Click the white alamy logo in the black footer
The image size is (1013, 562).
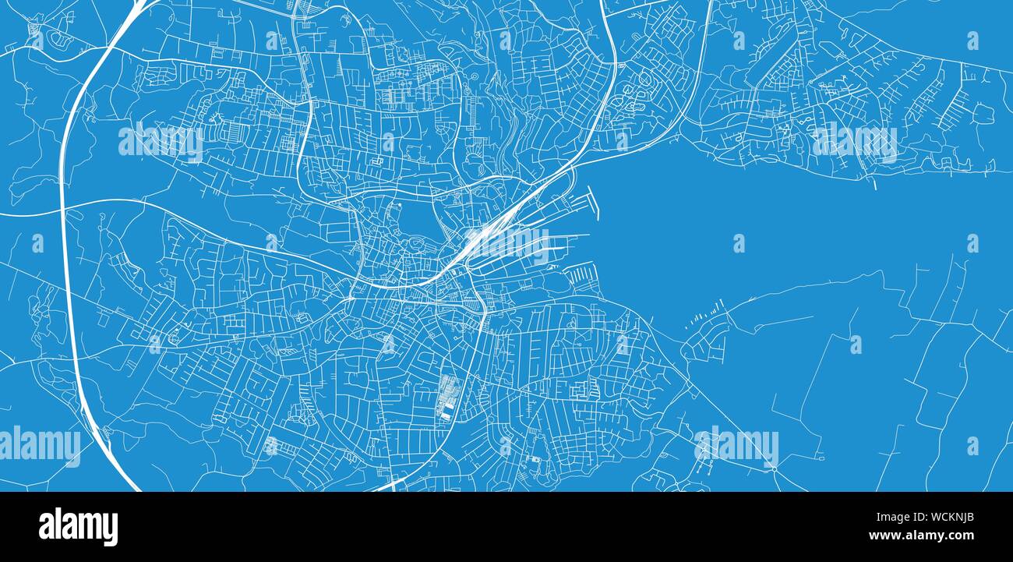78,526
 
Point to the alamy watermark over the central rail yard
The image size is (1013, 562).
507,243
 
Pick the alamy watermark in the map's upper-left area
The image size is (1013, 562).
160,142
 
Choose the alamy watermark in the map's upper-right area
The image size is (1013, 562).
855,142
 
